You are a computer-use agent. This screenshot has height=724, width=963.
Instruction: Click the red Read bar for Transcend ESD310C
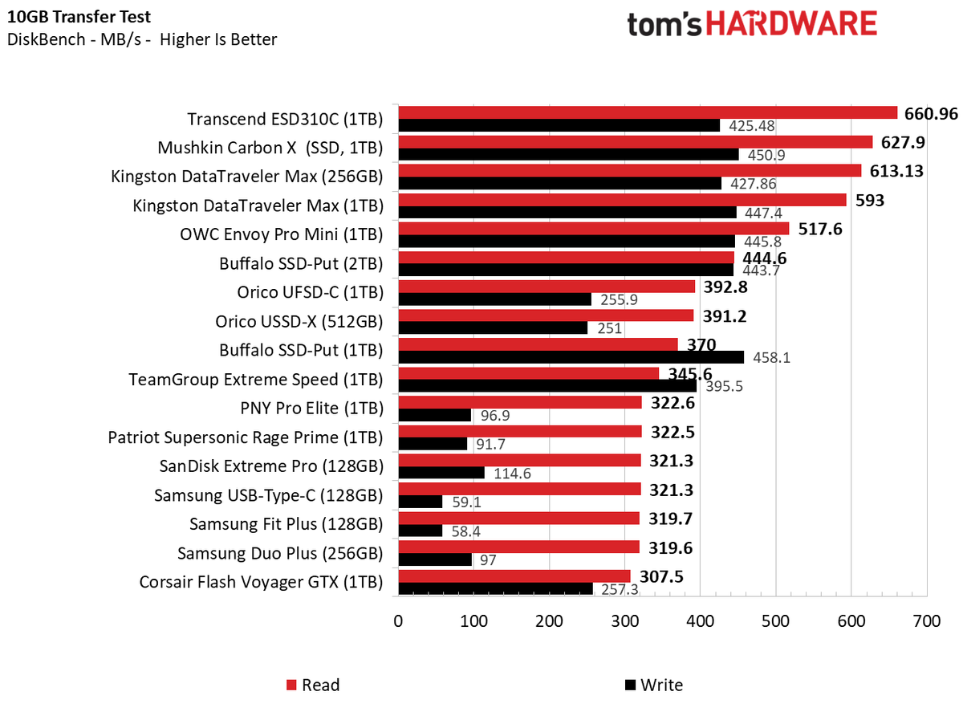click(647, 112)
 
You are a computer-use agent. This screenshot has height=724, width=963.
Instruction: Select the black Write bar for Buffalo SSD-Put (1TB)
click(571, 357)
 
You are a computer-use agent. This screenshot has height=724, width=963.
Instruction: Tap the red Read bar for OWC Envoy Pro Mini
click(593, 229)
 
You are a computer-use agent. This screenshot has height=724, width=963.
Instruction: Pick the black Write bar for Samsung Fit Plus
click(420, 531)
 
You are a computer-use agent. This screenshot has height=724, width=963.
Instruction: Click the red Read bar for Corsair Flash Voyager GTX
click(514, 576)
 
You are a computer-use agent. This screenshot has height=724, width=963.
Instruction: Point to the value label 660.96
click(931, 113)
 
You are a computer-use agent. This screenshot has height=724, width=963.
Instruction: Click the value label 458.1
click(770, 358)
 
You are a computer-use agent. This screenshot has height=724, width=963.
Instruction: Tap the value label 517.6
click(822, 230)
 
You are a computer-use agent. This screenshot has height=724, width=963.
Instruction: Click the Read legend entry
click(314, 685)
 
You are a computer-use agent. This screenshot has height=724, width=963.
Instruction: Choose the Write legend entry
click(653, 685)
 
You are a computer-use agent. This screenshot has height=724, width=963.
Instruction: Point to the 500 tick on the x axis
click(775, 621)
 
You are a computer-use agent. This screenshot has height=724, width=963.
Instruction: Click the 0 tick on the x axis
click(398, 621)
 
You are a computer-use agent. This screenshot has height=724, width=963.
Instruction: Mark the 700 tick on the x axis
click(926, 621)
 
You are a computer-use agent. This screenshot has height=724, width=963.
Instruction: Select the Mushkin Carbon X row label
click(270, 148)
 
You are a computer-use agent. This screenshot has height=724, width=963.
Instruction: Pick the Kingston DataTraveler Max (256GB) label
click(247, 177)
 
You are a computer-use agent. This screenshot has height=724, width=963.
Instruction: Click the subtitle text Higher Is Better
click(218, 39)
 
